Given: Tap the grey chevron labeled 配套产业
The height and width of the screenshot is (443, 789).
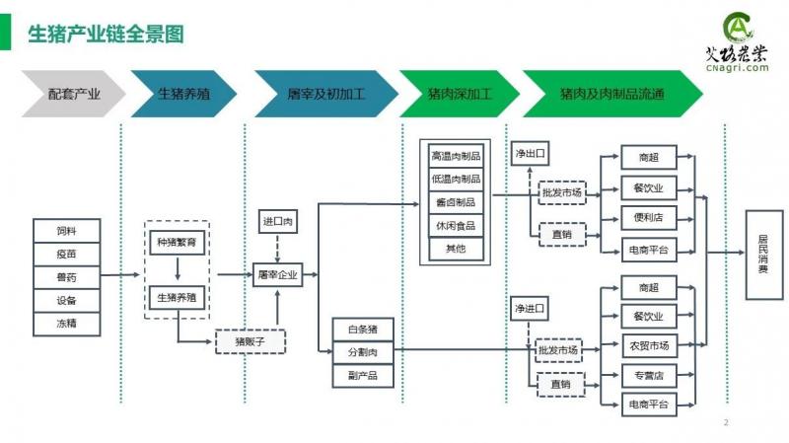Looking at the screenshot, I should point(74,95).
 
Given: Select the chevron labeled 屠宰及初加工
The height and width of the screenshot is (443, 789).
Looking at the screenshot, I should point(325,95).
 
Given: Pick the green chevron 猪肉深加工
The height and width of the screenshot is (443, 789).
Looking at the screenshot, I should point(459,95).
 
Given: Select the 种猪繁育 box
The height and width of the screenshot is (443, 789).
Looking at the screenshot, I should point(178,242).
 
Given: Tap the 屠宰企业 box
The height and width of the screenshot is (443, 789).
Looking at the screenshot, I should point(276,274).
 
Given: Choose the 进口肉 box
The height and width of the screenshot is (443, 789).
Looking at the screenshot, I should point(276,222).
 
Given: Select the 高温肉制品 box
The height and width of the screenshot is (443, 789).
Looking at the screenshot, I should point(456,156).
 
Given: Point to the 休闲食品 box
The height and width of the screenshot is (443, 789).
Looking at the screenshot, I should point(456,226).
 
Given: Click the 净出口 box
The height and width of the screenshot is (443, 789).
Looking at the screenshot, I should point(530,155).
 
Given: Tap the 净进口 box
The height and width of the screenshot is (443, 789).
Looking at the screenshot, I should point(530,310).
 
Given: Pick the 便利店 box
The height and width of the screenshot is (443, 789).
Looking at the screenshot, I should point(649,219).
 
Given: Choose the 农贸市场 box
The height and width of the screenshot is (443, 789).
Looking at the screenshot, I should point(649,345).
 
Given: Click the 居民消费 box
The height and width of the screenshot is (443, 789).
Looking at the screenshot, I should point(764,254).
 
